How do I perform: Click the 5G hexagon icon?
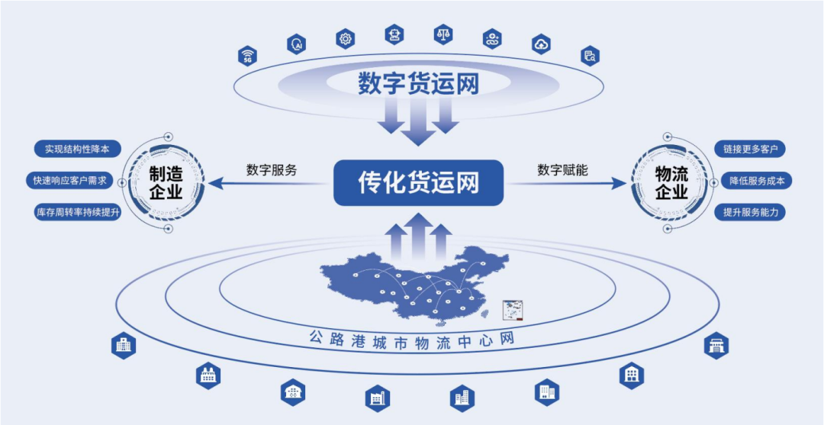[x=246, y=56]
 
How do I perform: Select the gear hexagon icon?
[x=346, y=37]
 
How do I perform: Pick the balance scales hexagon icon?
[x=443, y=35]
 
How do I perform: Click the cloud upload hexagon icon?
[x=540, y=43]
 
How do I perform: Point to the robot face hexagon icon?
[x=394, y=34]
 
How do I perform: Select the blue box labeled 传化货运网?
[x=419, y=182]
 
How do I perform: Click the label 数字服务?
[x=272, y=169]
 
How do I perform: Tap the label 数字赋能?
[x=562, y=169]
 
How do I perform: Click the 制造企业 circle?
[x=165, y=183]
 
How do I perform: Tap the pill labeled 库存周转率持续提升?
[x=78, y=213]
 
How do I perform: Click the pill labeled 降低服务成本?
[x=757, y=181]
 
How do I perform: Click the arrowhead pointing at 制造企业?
[x=214, y=183]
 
